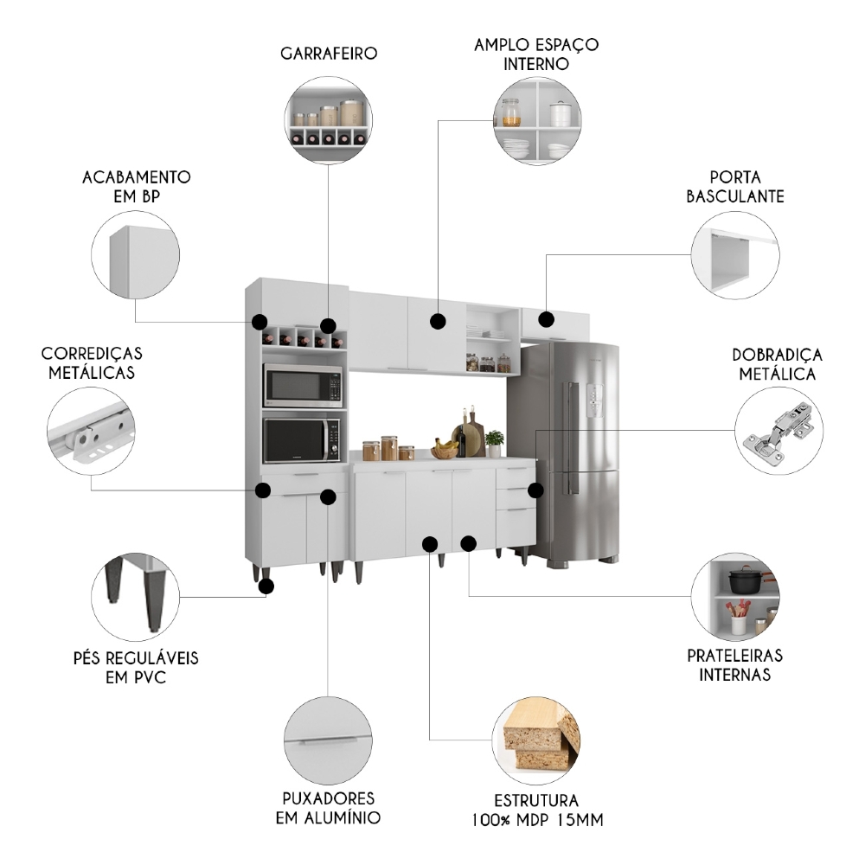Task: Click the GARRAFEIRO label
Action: point(329,54)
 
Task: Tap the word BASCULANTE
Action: point(735,196)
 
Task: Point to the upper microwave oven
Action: point(302,386)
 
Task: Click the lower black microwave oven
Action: point(302,439)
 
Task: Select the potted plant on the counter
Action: point(495,442)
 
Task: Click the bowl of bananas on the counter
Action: point(445,448)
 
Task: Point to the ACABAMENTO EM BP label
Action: point(136,186)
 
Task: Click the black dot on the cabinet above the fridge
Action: point(546,319)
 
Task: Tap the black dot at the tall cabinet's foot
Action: point(266,586)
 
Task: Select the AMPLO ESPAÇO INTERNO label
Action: point(536,54)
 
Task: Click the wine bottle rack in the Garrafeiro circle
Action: point(329,136)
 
